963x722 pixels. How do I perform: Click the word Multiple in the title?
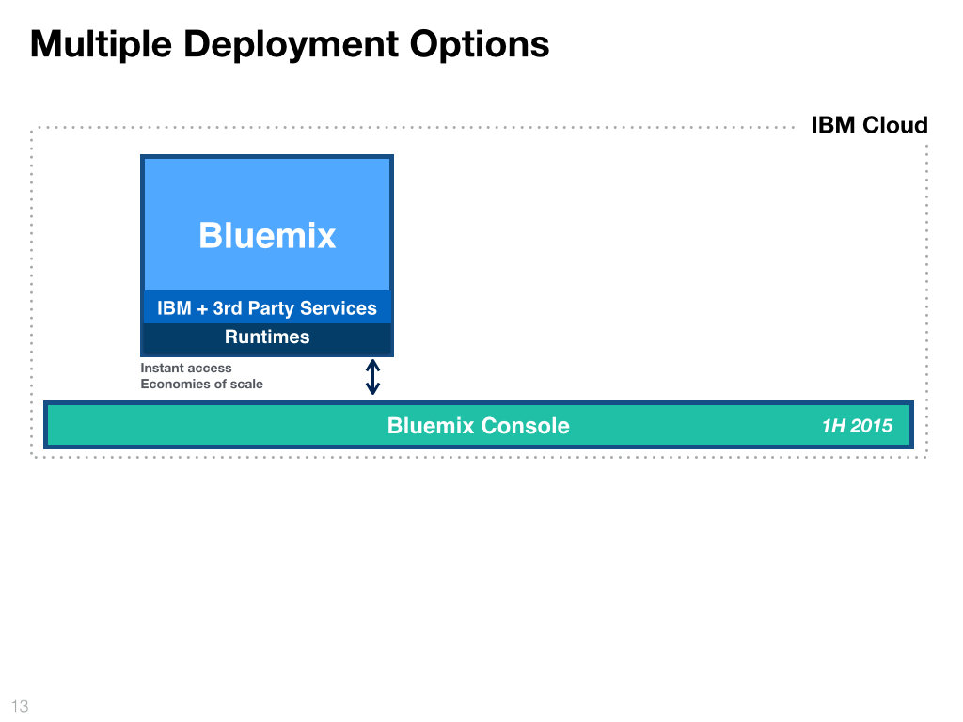101,44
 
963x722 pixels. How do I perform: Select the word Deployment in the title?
292,44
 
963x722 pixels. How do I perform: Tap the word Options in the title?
479,44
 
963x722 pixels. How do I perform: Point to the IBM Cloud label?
869,125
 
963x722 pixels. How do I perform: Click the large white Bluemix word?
267,235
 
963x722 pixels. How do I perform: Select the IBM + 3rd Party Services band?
267,307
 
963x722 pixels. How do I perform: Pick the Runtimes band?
267,337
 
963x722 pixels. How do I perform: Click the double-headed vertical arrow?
372,377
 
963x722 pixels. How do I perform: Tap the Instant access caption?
186,368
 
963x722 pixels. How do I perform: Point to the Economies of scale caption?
201,384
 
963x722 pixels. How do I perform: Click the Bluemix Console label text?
479,426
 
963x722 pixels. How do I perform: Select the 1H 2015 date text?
857,426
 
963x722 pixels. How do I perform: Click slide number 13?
20,706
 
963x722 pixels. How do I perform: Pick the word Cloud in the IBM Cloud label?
895,125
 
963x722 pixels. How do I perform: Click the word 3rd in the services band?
228,307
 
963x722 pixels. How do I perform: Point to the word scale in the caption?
246,384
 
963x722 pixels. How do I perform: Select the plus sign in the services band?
202,308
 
